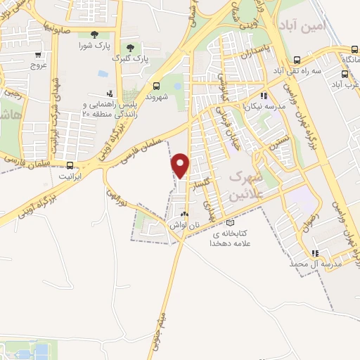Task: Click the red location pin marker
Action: [181, 166]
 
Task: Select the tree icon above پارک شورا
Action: [94, 34]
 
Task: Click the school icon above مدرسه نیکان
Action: [264, 96]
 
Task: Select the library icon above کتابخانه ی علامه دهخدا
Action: [231, 223]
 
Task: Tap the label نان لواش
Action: [181, 226]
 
